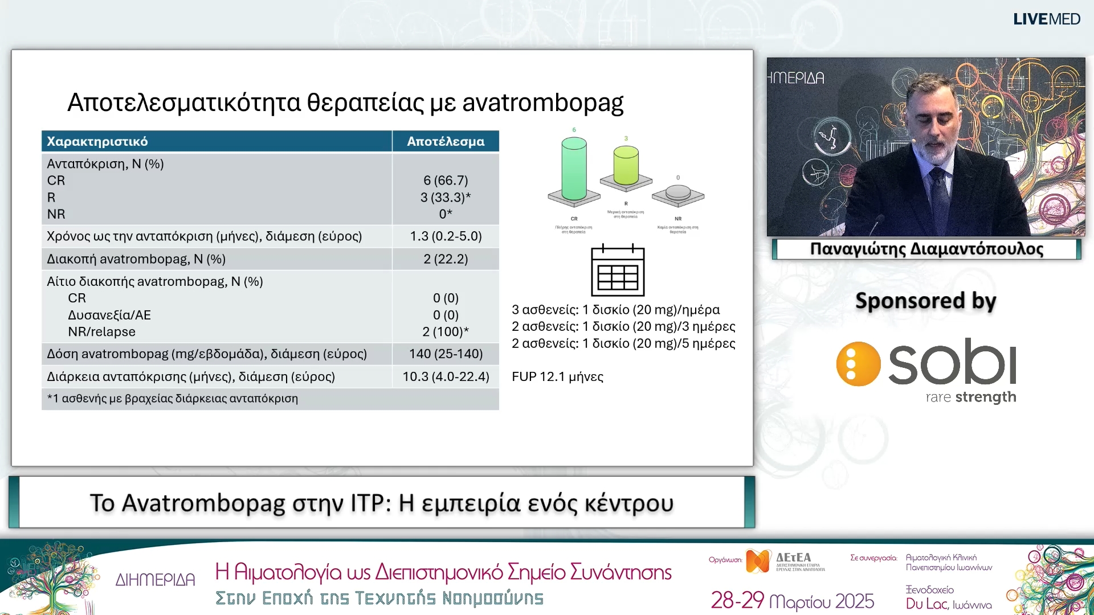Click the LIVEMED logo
[x=1046, y=19]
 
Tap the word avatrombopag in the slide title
[x=542, y=103]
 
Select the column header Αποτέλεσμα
[x=446, y=142]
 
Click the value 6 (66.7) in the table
[x=446, y=181]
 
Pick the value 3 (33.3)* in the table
[x=446, y=198]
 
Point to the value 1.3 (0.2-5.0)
[x=446, y=236]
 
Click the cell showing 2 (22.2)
[x=446, y=259]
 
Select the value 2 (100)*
[x=446, y=332]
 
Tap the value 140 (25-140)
[x=446, y=354]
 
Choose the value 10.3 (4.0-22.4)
[x=446, y=377]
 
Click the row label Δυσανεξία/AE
[x=109, y=315]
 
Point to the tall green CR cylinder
[x=574, y=169]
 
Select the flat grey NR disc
[x=678, y=192]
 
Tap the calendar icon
[x=618, y=270]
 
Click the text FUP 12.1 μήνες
[x=557, y=377]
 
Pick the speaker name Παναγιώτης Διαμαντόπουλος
[x=926, y=249]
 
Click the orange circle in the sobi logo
[x=858, y=364]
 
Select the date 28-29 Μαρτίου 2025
[x=792, y=601]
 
